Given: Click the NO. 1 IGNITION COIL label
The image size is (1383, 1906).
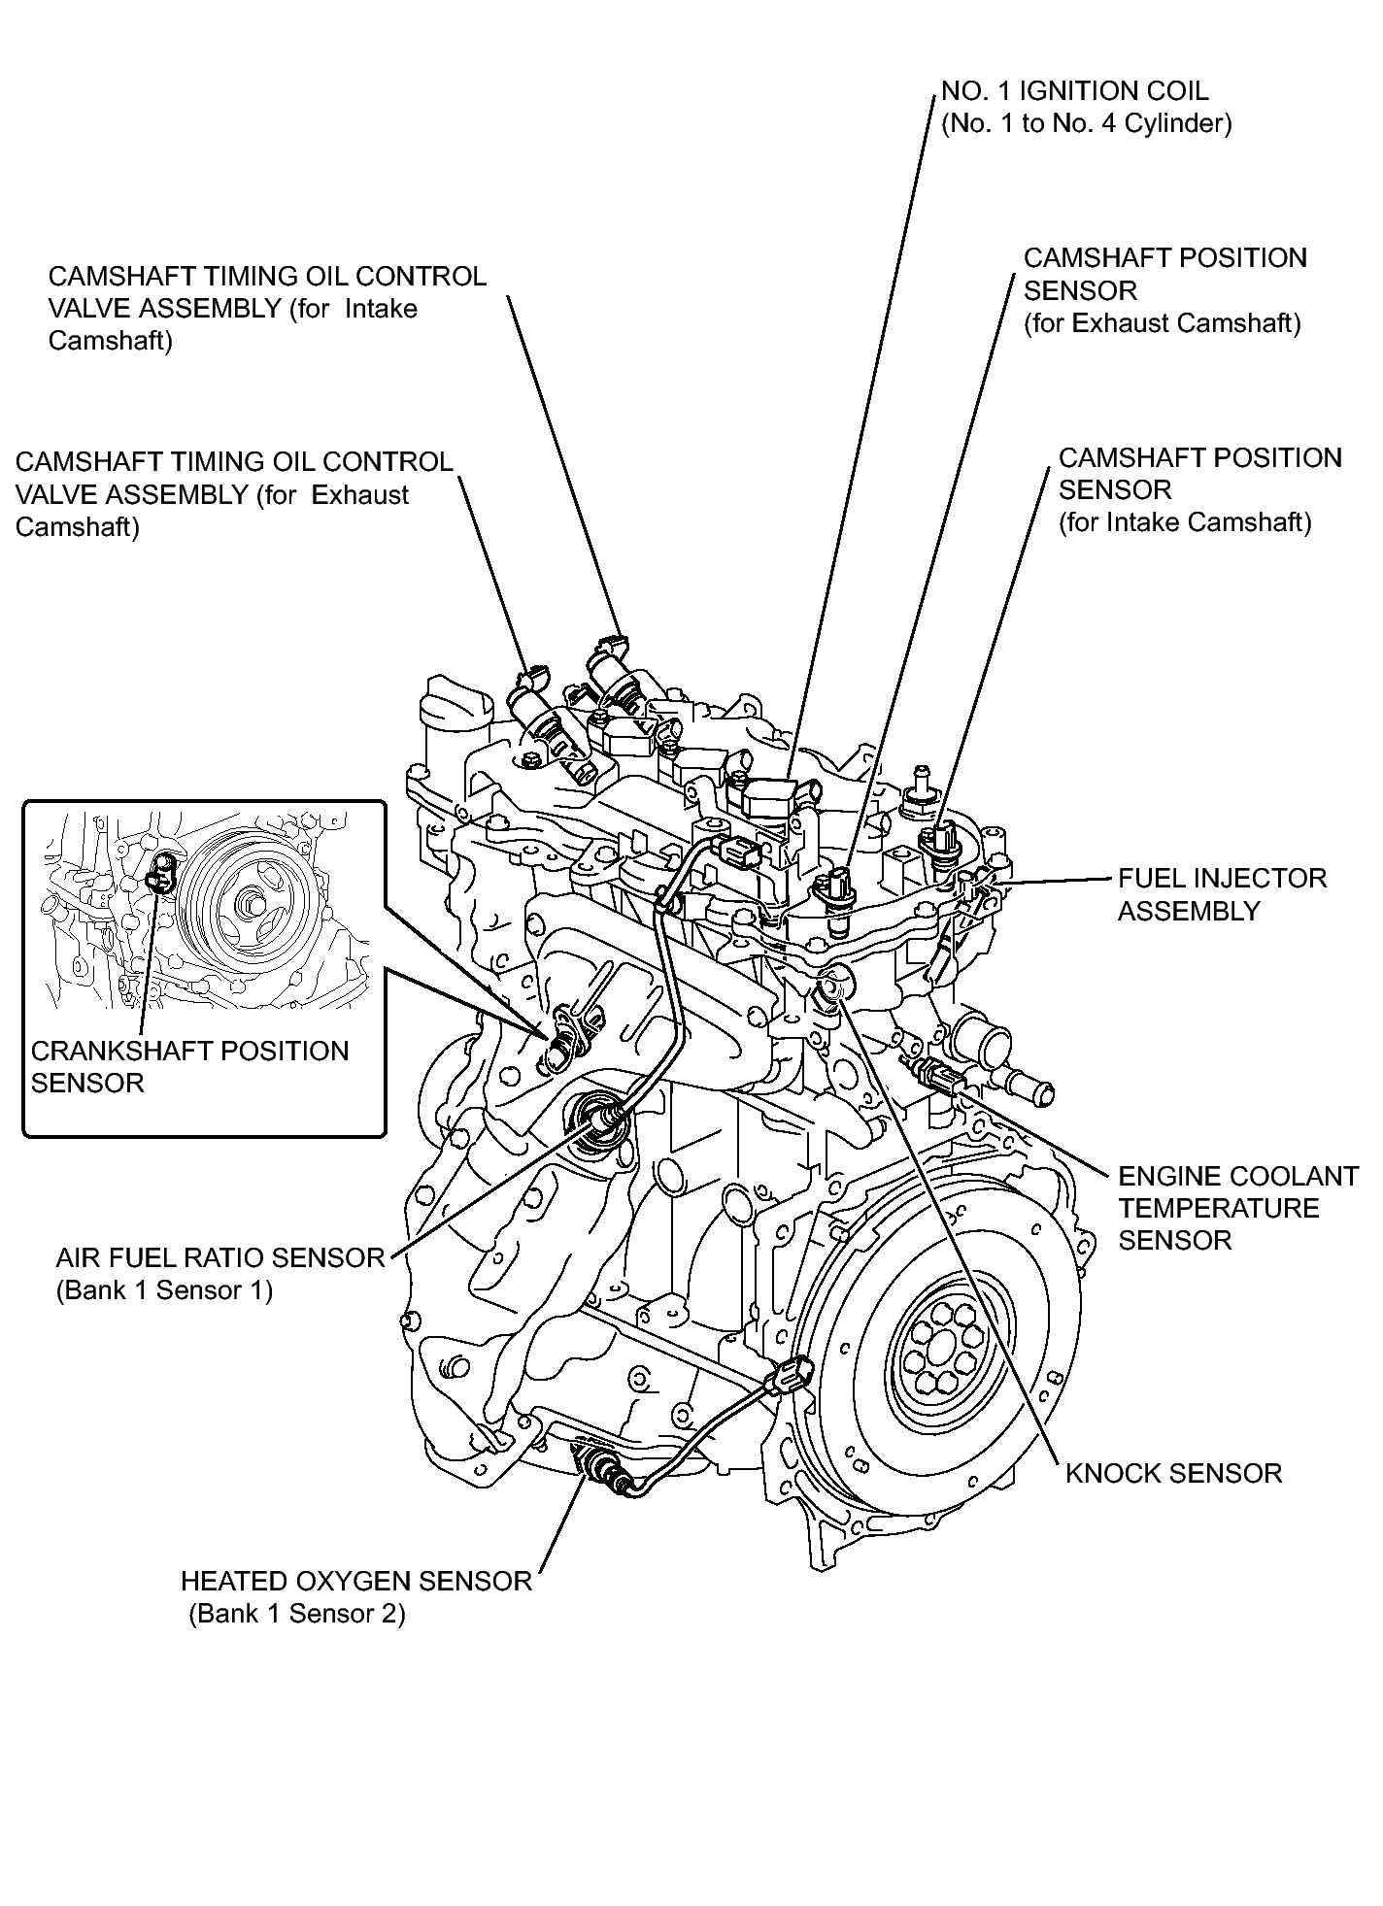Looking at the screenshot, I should pyautogui.click(x=1075, y=91).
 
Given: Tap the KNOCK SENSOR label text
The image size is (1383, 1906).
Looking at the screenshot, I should pyautogui.click(x=1173, y=1473).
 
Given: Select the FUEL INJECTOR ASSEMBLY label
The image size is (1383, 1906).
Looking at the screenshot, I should pyautogui.click(x=1221, y=894).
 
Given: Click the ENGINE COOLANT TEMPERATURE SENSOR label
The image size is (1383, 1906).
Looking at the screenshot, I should pyautogui.click(x=1236, y=1208).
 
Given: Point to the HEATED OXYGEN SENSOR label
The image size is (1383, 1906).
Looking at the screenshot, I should pyautogui.click(x=356, y=1581).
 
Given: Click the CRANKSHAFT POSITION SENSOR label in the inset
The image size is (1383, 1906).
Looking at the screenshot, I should pyautogui.click(x=189, y=1066).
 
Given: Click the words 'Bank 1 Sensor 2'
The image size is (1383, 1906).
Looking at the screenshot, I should pyautogui.click(x=296, y=1614).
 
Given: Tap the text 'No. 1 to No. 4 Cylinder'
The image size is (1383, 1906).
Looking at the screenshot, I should pyautogui.click(x=1086, y=124).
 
